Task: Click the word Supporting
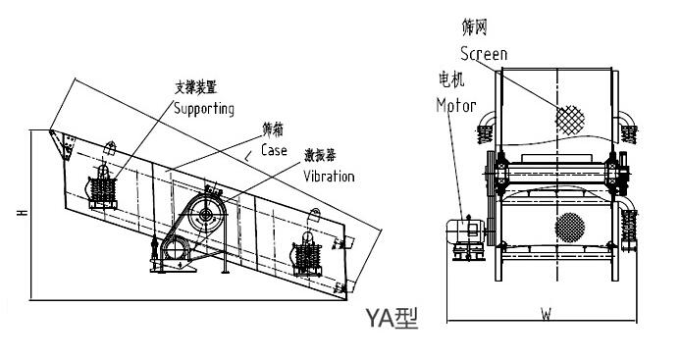pos(204,109)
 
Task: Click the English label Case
pos(274,150)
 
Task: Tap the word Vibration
pos(329,177)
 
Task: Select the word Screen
pos(484,54)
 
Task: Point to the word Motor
pos(456,105)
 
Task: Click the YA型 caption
pos(392,319)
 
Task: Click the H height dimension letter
pos(23,213)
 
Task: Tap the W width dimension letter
pos(546,314)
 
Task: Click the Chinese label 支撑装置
pos(195,88)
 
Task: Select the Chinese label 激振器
pos(320,155)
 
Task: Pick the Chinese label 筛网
pos(475,26)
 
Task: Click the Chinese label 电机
pos(451,79)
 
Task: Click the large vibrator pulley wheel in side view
pos(206,214)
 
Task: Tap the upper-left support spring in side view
pos(102,189)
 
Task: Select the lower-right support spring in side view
pos(307,256)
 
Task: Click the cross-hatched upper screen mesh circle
pos(570,120)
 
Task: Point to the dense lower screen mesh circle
pos(570,228)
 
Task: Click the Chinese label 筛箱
pos(273,129)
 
